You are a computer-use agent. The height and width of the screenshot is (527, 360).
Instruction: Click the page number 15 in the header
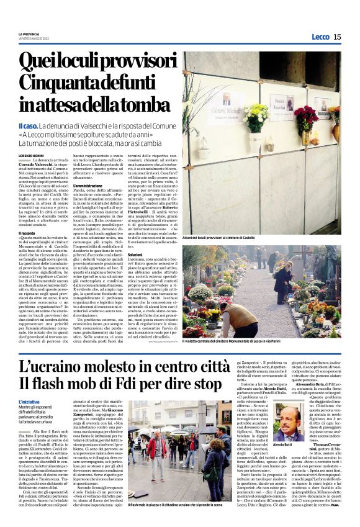[337, 37]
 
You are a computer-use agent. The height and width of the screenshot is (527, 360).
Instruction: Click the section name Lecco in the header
[320, 37]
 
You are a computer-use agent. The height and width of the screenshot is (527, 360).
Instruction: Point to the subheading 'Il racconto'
[30, 233]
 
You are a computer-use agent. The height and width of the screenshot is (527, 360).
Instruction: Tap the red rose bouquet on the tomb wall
[307, 117]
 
